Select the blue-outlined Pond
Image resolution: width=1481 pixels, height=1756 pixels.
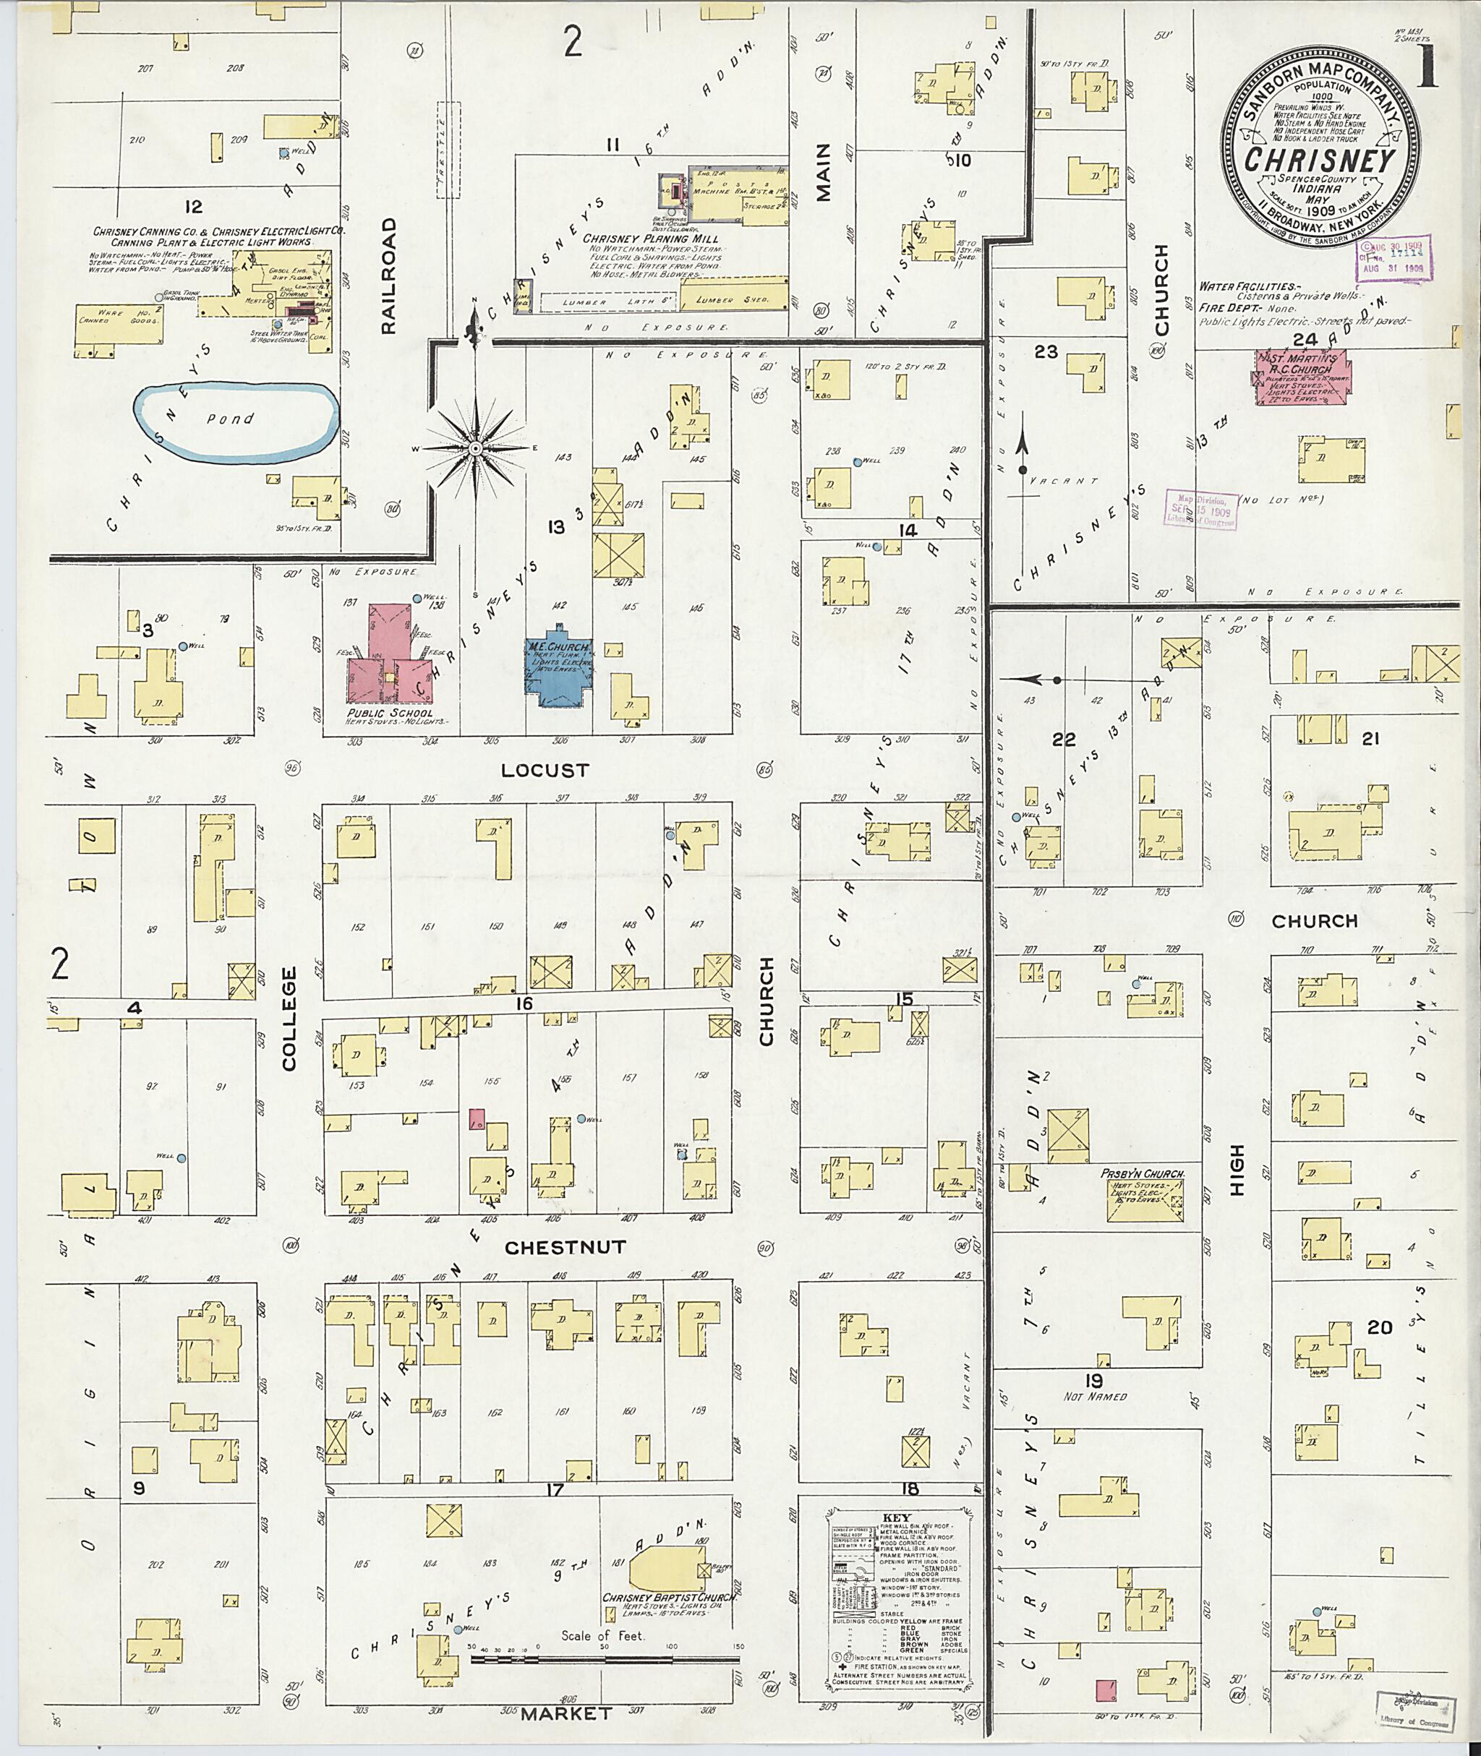tap(236, 422)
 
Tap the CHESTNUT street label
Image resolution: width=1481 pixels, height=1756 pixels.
tap(564, 1247)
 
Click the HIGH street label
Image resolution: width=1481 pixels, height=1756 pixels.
tap(1237, 1169)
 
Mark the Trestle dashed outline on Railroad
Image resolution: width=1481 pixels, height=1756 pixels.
tap(448, 150)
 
